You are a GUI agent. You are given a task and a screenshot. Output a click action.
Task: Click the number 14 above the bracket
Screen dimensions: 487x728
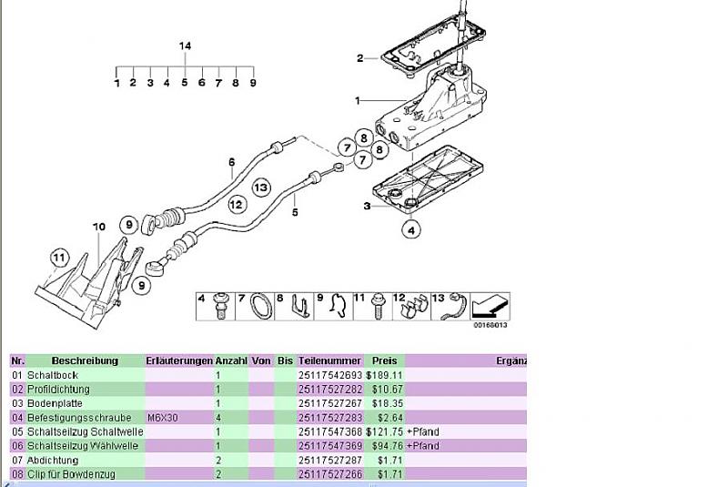[x=185, y=46]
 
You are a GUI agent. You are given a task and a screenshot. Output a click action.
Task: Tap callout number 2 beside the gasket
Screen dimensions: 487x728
[x=359, y=58]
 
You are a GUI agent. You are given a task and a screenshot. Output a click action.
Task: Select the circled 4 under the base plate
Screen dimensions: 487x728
[x=412, y=230]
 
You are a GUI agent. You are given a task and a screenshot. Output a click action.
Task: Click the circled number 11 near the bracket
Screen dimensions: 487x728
[x=59, y=258]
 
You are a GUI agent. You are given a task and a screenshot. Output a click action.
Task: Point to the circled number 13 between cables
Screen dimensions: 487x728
[x=261, y=188]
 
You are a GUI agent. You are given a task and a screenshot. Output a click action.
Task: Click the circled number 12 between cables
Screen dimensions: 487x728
[x=237, y=204]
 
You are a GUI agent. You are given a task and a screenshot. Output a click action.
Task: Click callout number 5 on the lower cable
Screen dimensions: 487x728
[x=295, y=212]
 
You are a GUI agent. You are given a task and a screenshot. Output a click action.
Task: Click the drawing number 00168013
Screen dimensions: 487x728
[x=490, y=325]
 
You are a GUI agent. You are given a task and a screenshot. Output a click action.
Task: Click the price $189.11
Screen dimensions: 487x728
[x=384, y=375]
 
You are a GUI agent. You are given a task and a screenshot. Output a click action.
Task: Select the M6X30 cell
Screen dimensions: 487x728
[x=164, y=418]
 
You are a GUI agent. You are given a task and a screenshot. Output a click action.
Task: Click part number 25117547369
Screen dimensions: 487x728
[x=329, y=446]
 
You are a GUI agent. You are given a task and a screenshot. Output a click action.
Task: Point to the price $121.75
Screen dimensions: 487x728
[x=384, y=431]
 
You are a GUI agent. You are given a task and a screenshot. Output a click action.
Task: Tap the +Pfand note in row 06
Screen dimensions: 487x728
[x=423, y=446]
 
